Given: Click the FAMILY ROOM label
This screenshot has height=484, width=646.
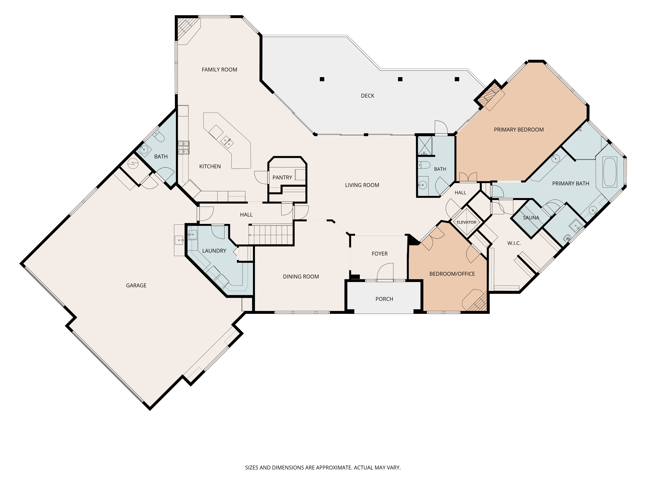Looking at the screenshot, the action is [219, 70].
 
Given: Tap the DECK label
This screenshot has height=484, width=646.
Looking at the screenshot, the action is [367, 96].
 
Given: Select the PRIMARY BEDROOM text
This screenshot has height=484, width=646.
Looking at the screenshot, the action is [519, 130].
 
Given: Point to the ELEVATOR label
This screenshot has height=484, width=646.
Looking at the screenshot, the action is [466, 222].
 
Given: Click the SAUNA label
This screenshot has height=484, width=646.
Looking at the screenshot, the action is [531, 218].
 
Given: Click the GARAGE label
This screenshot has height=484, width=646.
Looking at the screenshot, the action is [136, 286].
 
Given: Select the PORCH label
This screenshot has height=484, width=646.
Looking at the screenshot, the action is [384, 299].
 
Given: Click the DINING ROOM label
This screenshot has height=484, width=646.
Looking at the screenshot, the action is [301, 277].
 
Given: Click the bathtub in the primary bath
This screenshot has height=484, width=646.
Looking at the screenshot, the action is [610, 172].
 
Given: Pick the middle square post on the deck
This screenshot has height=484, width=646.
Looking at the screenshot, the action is [400, 79].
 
